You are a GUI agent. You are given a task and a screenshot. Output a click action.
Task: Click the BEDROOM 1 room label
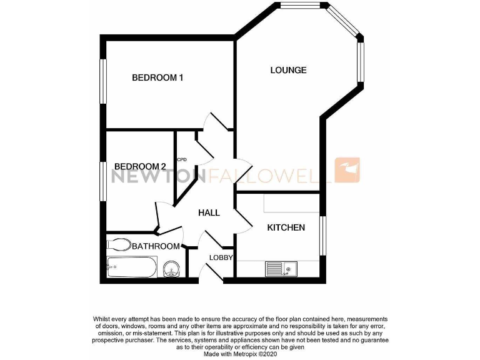click(157, 78)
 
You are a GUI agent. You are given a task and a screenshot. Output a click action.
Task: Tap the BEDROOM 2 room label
click(139, 166)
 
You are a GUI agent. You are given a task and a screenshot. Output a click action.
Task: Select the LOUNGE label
click(288, 70)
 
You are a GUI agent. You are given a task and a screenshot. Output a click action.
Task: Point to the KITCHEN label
click(286, 227)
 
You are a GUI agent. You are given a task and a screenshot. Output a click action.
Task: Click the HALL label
click(209, 213)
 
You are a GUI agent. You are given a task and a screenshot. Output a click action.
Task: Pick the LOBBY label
click(221, 257)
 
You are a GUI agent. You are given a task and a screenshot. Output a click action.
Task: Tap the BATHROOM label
click(156, 246)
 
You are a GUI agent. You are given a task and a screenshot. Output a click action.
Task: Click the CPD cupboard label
click(182, 159)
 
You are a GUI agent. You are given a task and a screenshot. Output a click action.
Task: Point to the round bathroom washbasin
click(171, 269)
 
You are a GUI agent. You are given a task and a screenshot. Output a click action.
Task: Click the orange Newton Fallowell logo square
click(347, 170)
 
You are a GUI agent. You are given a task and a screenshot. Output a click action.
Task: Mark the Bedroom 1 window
click(103, 81)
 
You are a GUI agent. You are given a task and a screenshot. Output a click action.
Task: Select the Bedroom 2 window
click(103, 181)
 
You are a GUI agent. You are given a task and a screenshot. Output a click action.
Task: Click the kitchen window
click(323, 236)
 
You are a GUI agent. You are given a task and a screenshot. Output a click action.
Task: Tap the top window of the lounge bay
click(299, 6)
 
